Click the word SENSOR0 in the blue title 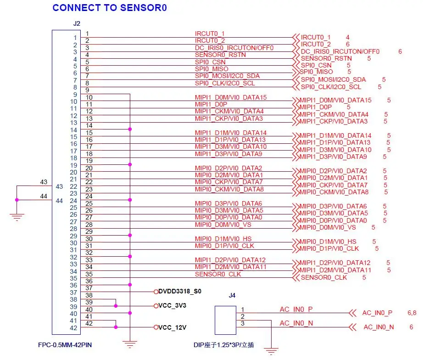pos(144,7)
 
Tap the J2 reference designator pos(77,23)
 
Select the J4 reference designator pos(232,295)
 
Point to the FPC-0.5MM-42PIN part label pos(65,345)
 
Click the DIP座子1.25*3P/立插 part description pos(223,345)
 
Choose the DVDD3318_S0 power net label pos(180,291)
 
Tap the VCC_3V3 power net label pos(172,305)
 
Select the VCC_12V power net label pos(172,327)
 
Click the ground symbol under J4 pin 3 pos(271,351)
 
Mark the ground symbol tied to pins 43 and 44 pos(17,217)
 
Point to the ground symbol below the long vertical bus pos(130,344)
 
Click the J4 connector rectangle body pos(225,321)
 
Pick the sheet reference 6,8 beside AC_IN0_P pos(412,313)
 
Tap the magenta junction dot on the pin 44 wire pos(17,200)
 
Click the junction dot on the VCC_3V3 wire pos(116,306)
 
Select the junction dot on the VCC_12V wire pos(116,327)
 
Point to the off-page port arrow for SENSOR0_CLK pos(296,277)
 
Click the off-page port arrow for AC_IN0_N pos(352,327)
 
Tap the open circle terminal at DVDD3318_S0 pos(156,292)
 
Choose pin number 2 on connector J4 pos(243,316)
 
